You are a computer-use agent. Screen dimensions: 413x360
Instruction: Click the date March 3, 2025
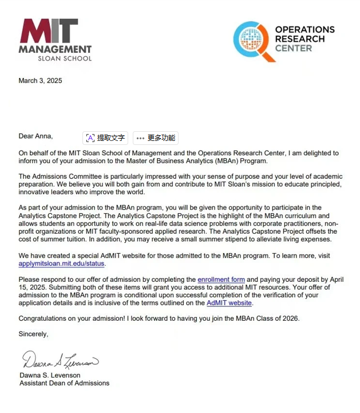coord(40,81)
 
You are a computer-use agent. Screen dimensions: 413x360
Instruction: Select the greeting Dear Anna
coord(35,136)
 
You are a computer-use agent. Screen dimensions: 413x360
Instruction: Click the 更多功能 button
coord(156,138)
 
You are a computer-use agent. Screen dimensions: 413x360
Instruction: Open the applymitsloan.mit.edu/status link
coord(62,263)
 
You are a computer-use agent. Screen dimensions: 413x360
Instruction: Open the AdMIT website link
coord(229,303)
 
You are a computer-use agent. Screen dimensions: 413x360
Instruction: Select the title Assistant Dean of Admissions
coord(64,383)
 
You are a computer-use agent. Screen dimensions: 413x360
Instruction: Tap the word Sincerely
coord(33,333)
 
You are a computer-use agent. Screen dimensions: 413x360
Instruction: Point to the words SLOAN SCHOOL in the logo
coord(64,58)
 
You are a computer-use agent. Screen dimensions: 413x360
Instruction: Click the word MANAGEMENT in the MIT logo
coord(55,50)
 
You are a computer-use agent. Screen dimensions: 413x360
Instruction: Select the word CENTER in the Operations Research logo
coord(294,49)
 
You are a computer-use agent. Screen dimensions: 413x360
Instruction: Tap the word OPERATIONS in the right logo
coord(304,29)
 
